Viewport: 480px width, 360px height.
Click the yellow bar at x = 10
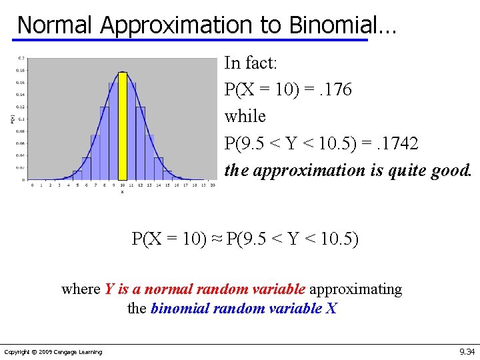(x=122, y=127)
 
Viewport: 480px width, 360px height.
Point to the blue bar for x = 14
(x=158, y=169)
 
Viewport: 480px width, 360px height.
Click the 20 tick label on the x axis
(x=212, y=185)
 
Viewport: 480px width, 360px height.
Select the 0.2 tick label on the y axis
(x=22, y=58)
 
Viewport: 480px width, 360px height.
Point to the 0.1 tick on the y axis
(x=22, y=119)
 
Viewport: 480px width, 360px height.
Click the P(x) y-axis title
(x=12, y=119)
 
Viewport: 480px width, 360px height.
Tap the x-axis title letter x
(x=122, y=191)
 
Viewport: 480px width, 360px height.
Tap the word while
(x=245, y=117)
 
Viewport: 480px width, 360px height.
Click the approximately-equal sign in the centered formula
(x=218, y=239)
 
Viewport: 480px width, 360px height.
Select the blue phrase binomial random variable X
(x=244, y=309)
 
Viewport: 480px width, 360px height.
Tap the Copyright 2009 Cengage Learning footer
(x=53, y=351)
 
